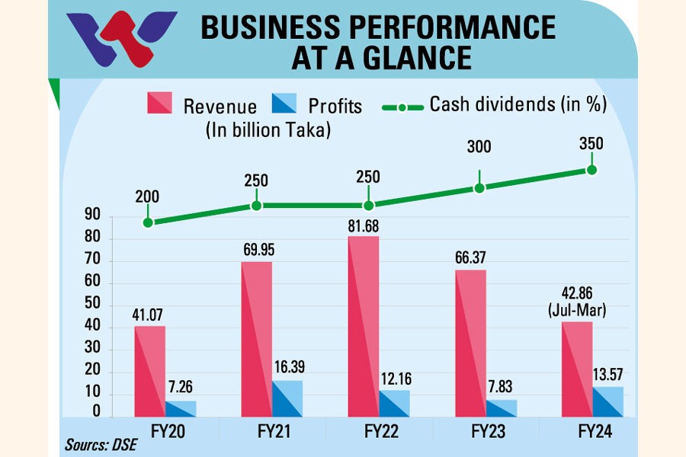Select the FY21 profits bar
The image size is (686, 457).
(288, 398)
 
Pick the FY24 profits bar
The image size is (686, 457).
(607, 401)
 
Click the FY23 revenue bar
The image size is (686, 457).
(470, 343)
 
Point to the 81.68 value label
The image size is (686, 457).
(363, 226)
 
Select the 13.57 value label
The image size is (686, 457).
(607, 376)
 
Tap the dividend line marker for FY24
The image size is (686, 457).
(591, 169)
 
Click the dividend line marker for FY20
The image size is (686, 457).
(148, 222)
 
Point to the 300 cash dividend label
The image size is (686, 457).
(479, 148)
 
